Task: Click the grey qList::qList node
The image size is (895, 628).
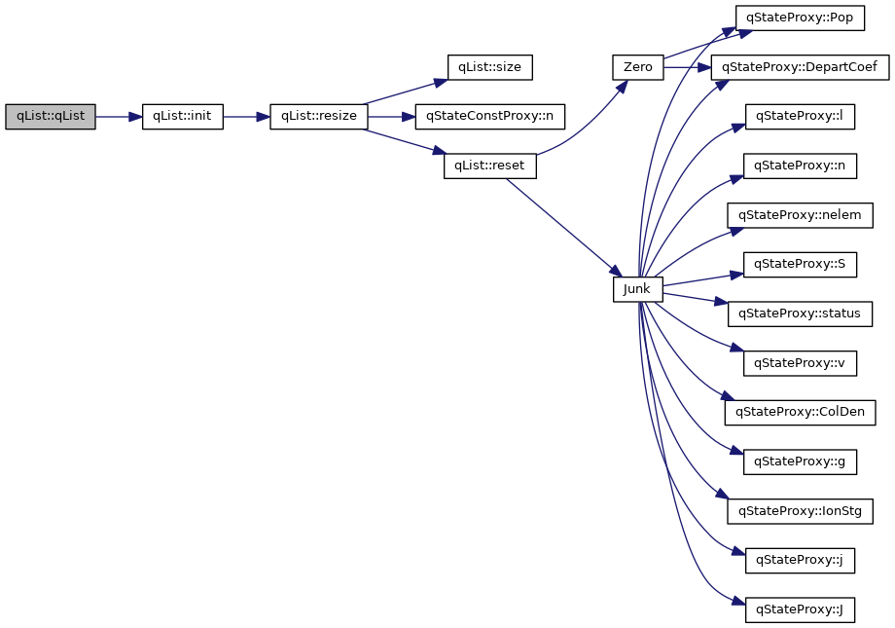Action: [50, 117]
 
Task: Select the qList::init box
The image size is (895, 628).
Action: [182, 117]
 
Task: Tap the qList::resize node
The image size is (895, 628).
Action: [319, 117]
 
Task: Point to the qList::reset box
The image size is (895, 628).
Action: [489, 166]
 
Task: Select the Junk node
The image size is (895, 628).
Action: [637, 289]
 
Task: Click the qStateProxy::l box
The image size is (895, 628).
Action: [800, 117]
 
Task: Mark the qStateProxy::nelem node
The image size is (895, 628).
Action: [800, 215]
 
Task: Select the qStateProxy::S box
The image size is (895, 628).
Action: [800, 265]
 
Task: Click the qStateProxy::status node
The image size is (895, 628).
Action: [800, 314]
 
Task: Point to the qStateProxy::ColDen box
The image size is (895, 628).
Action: [800, 413]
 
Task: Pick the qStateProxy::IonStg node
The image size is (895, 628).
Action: [800, 511]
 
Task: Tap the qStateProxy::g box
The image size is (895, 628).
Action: [800, 462]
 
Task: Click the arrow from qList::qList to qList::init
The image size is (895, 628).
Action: [118, 117]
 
